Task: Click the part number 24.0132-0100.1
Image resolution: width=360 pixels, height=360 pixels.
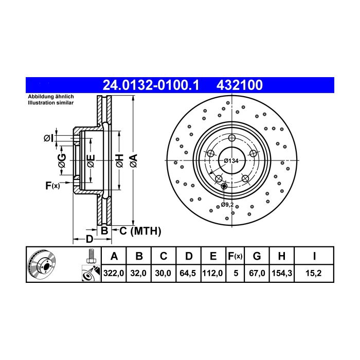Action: click(x=151, y=85)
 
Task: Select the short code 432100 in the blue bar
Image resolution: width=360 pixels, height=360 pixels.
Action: click(x=240, y=85)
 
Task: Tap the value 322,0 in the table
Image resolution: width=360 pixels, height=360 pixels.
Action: click(x=114, y=273)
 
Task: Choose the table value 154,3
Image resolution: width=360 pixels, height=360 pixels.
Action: click(x=282, y=273)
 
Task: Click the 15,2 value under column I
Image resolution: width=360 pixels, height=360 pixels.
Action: click(x=314, y=273)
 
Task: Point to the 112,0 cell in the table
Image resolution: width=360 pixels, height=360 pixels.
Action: click(x=212, y=273)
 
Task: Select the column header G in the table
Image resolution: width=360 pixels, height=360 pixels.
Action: click(x=257, y=256)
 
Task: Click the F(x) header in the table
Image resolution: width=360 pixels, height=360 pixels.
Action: click(x=235, y=256)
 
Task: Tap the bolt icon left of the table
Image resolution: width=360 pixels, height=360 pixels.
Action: click(x=91, y=256)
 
